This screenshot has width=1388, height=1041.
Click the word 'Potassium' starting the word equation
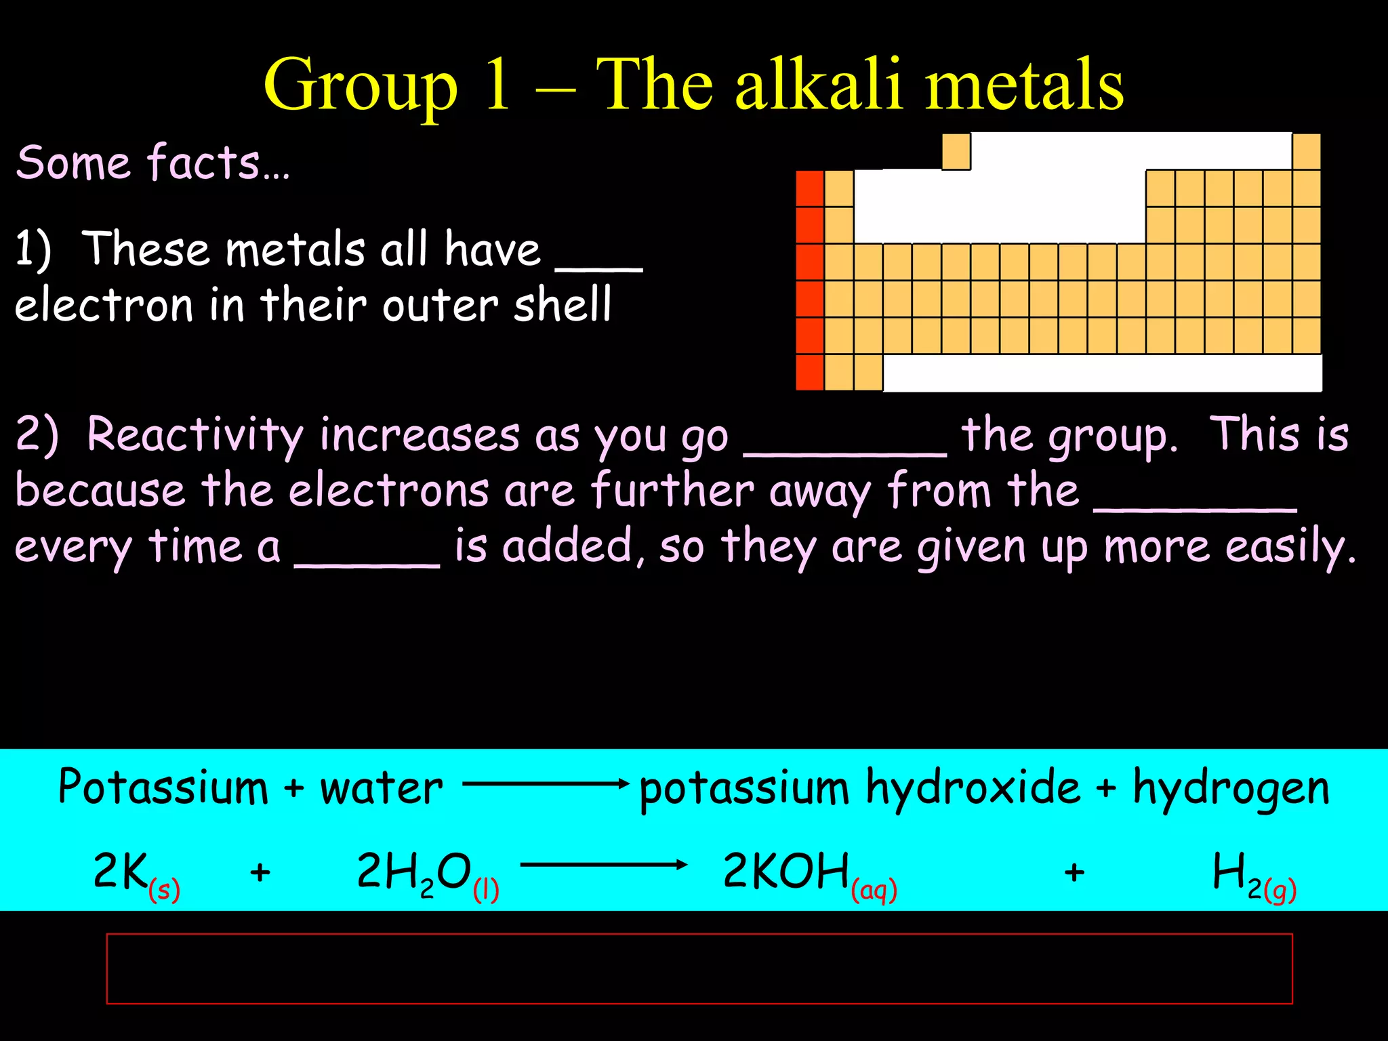click(163, 788)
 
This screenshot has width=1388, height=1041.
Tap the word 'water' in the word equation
click(381, 789)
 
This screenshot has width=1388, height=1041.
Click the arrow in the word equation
click(546, 785)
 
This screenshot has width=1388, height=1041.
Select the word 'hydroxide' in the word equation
click(973, 789)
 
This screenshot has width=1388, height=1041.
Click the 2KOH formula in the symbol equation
click(786, 872)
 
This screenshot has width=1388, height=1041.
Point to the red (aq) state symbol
click(874, 889)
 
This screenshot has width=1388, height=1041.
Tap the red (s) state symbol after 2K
click(164, 889)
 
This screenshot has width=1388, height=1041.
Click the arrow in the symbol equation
click(603, 865)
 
